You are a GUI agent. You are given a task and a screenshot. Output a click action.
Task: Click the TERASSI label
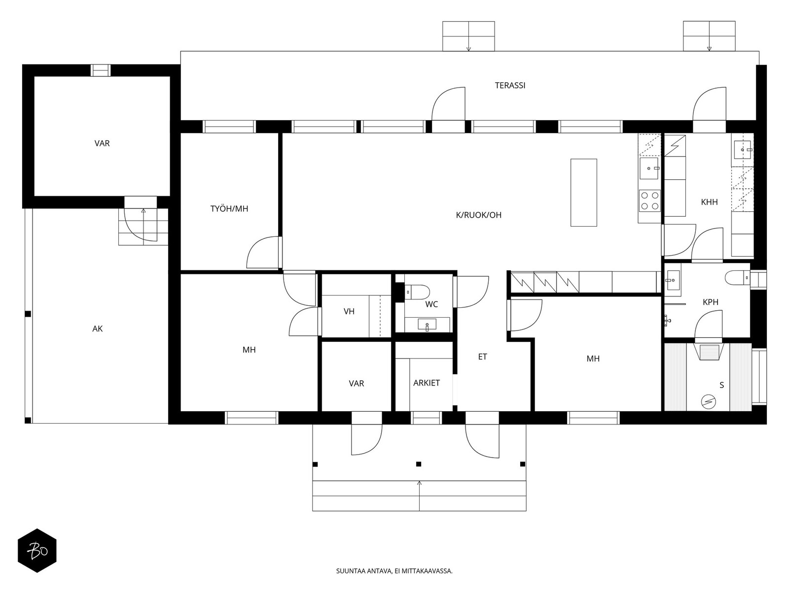(510, 85)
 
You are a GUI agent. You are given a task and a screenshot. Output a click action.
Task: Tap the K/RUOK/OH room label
(478, 215)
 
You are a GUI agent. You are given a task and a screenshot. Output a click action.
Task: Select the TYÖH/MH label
(229, 208)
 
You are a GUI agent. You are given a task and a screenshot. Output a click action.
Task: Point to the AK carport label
(98, 328)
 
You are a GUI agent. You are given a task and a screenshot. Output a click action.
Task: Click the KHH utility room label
(709, 202)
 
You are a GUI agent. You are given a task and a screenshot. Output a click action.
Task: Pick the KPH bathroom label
(710, 302)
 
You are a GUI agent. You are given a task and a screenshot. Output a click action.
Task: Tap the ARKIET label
(427, 383)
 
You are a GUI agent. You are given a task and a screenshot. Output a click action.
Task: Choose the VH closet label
(349, 311)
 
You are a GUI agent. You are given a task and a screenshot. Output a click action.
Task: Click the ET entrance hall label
(482, 357)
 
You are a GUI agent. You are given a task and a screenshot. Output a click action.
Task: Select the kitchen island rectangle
(584, 193)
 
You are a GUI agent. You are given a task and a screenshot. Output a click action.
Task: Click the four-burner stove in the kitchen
(650, 200)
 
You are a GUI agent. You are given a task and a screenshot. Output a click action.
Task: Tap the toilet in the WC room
(417, 293)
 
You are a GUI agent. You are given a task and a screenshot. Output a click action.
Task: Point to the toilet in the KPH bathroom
(737, 278)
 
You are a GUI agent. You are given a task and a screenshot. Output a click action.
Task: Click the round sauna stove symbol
(709, 401)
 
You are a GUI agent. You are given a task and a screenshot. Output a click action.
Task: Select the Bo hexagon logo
(37, 551)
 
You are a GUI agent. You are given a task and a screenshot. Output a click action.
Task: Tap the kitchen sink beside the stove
(649, 168)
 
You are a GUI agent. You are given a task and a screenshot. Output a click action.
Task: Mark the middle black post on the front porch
(418, 464)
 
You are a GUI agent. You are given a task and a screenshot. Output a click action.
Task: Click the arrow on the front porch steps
(419, 495)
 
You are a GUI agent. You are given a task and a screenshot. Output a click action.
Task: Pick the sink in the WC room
(427, 325)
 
